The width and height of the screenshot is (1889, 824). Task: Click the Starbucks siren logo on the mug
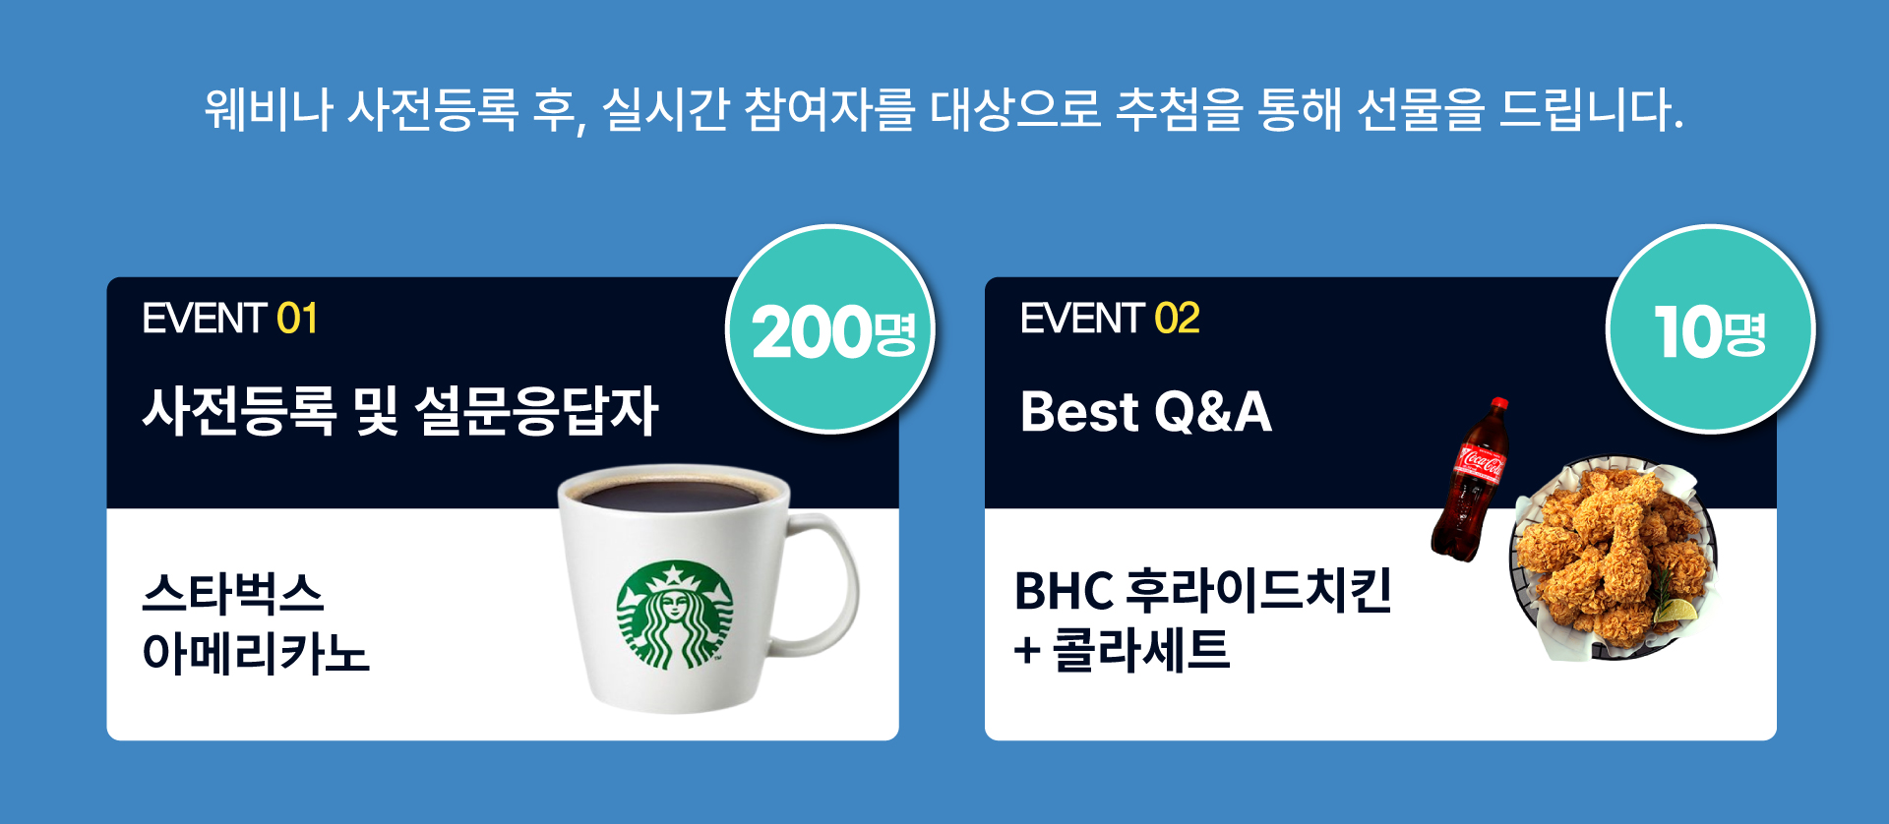[x=675, y=616]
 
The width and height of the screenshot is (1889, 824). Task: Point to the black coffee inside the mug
[x=674, y=494]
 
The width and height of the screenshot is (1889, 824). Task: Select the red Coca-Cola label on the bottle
[x=1480, y=462]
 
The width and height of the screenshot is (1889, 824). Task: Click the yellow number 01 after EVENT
[x=297, y=319]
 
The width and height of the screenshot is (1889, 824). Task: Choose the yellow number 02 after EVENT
[x=1177, y=319]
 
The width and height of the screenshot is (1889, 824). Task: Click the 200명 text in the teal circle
[x=833, y=332]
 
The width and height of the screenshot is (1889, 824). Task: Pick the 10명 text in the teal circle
[x=1710, y=332]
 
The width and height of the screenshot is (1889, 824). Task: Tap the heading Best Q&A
[x=1146, y=411]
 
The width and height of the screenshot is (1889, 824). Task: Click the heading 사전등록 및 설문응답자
[x=400, y=411]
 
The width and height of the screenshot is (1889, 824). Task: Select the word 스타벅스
[x=233, y=593]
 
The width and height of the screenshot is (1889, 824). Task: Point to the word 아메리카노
[x=256, y=653]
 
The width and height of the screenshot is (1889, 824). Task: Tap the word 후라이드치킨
[x=1258, y=590]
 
